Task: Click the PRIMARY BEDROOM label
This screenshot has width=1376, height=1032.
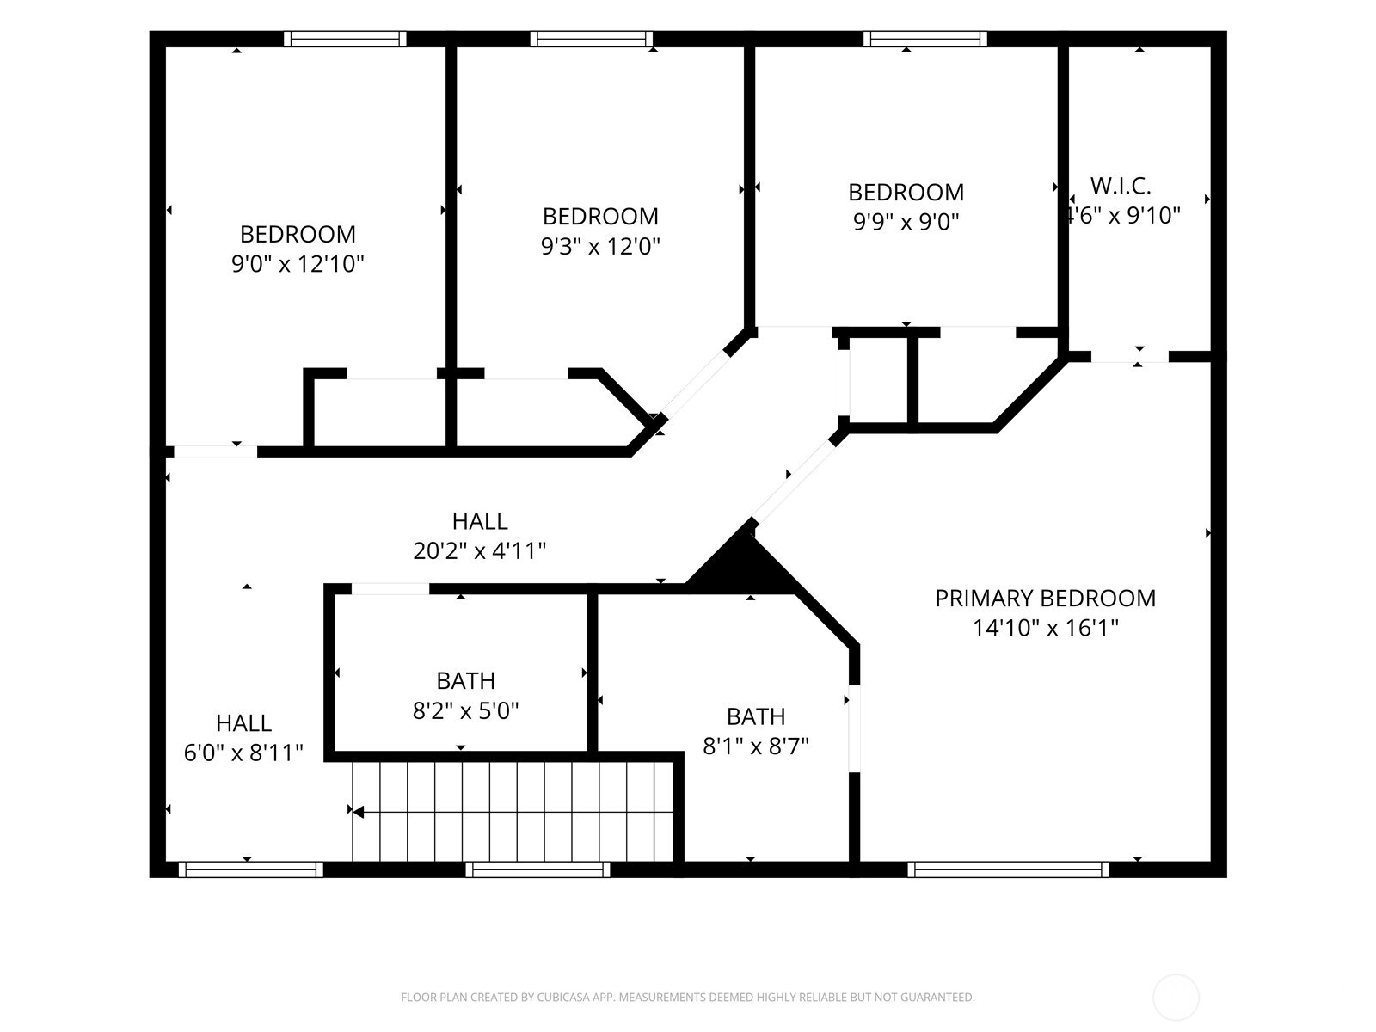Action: coord(1045,598)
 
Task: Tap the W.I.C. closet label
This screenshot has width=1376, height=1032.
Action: coord(1121,186)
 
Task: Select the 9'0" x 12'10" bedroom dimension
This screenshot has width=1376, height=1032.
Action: coord(298,264)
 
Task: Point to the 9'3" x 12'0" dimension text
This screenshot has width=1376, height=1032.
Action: coord(600,246)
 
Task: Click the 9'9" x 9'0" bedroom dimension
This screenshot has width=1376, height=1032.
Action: coord(906,222)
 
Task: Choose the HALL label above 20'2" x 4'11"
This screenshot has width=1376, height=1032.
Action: coord(480,520)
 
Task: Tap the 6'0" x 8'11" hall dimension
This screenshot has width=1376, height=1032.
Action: coord(243,752)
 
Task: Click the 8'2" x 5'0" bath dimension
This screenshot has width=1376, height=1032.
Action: coord(465,710)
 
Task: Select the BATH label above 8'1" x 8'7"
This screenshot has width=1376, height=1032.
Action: coord(755,716)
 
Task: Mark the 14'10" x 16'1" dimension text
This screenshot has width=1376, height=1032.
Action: coord(1045,627)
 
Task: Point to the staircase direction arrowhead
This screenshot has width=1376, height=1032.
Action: coord(358,812)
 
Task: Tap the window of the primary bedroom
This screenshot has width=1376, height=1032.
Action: coord(1008,869)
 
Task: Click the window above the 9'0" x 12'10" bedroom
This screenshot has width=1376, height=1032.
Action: coord(345,39)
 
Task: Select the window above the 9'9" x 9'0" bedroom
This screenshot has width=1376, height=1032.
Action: coord(925,39)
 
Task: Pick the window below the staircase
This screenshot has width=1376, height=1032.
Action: coord(537,869)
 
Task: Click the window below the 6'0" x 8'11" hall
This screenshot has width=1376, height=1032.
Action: coord(251,869)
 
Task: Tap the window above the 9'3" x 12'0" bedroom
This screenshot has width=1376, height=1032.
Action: coord(592,39)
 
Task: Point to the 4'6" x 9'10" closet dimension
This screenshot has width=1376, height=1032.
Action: coord(1123,216)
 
